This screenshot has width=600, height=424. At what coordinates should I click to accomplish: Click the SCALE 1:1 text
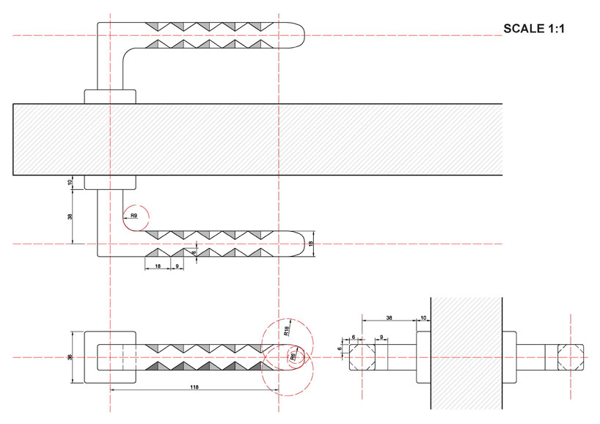(x=536, y=29)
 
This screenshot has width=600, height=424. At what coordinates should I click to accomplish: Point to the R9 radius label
(x=133, y=216)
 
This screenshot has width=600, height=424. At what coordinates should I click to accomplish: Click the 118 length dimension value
(x=194, y=385)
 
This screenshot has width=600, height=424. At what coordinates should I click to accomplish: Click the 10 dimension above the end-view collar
(x=423, y=318)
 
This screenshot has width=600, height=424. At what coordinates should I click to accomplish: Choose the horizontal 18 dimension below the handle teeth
(x=158, y=266)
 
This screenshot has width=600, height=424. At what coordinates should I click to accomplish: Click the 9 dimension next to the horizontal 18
(x=177, y=266)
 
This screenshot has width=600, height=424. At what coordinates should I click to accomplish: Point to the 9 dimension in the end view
(x=382, y=337)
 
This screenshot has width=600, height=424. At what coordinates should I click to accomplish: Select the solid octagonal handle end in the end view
(x=363, y=357)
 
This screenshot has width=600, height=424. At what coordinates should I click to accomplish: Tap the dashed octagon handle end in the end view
(x=570, y=357)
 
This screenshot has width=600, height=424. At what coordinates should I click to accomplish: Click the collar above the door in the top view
(x=110, y=96)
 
